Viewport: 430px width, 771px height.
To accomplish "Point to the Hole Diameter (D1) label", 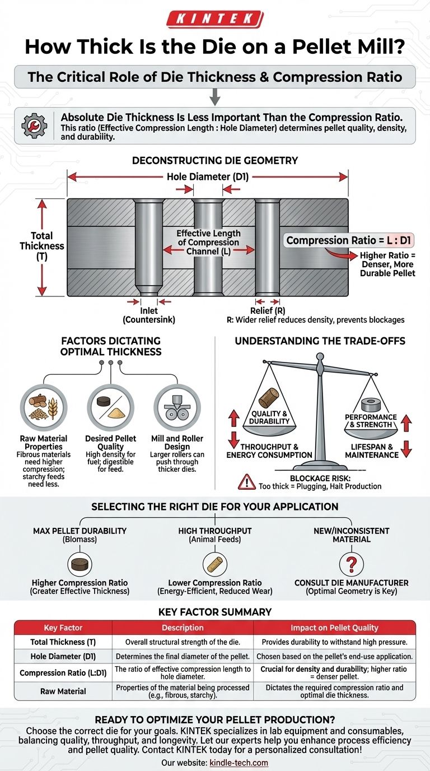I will pos(207,177).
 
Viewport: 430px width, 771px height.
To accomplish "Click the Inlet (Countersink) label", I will pos(149,315).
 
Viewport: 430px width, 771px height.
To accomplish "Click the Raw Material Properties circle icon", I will pos(44,406).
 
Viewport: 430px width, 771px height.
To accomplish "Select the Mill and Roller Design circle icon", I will pos(176,406).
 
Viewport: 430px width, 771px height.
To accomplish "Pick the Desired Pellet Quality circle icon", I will pos(110,406).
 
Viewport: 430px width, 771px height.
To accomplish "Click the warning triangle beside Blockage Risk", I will pos(246,480).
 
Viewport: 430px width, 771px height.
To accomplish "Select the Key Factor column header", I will pos(63,628).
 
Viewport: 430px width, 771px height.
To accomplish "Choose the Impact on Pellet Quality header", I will pos(335,628).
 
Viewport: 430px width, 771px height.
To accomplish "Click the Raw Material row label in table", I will pos(63,691).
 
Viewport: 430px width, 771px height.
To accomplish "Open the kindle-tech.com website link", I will pos(239,763).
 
